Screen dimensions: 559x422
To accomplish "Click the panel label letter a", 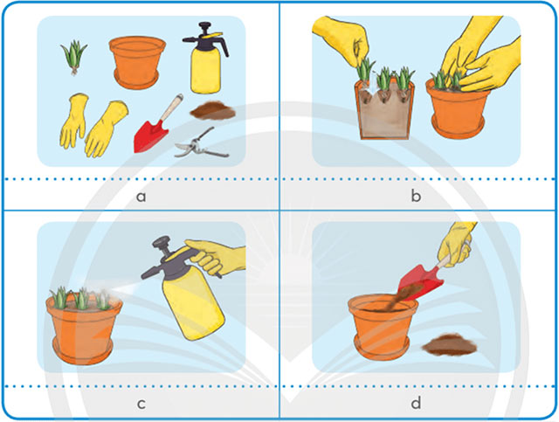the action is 141,197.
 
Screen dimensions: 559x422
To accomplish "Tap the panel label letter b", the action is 416,196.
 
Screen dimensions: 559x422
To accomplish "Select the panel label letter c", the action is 141,404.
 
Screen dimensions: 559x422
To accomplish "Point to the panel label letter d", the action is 416,403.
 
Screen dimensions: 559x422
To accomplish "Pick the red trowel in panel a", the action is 156,125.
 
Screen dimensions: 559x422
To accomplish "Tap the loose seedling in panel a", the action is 73,57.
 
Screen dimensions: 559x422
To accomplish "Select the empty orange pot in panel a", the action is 137,61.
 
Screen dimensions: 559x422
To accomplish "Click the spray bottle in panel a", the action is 206,58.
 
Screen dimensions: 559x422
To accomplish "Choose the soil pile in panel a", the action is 213,111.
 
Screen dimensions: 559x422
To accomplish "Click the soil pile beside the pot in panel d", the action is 450,344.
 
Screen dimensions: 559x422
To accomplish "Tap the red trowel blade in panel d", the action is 420,282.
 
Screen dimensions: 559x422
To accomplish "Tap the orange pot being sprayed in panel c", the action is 84,329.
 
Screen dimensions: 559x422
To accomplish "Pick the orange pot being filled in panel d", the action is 383,327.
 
